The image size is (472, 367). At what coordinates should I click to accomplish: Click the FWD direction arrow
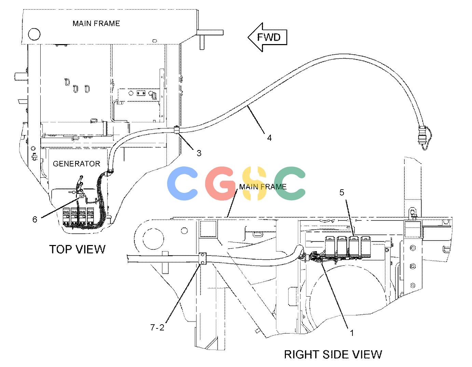point(267,37)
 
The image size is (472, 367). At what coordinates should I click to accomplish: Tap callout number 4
point(269,138)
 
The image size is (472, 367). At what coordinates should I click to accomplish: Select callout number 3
point(199,153)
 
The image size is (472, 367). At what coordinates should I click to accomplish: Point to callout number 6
point(35,219)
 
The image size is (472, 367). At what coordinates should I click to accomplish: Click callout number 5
point(342,192)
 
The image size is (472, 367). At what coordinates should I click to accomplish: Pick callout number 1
point(352,333)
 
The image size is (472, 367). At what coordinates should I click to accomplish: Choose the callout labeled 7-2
point(157,327)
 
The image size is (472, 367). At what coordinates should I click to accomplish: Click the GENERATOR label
point(77,164)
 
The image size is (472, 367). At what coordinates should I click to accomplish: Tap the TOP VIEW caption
point(77,249)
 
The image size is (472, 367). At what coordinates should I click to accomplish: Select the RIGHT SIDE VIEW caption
point(333,354)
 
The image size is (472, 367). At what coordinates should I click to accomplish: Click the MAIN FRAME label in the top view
point(96,23)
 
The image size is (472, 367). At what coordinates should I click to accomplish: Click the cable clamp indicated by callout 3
point(177,130)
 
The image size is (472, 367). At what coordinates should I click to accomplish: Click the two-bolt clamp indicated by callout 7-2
point(203,259)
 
